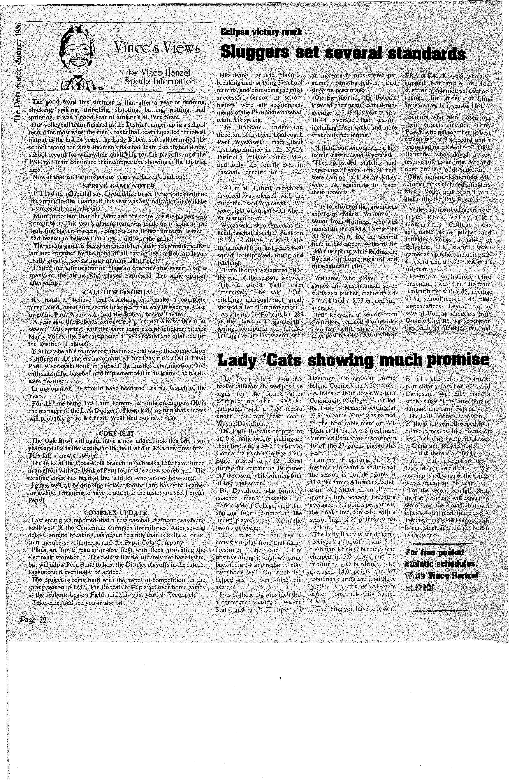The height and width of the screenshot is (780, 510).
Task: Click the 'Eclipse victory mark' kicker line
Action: click(x=261, y=32)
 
